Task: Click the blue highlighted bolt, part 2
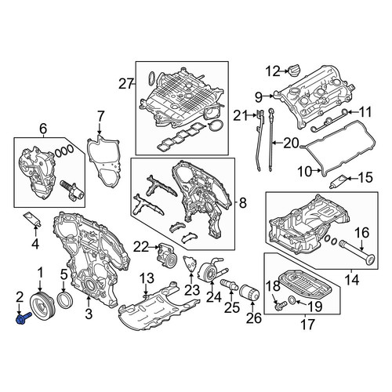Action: point(24,318)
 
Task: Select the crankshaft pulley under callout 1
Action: point(42,307)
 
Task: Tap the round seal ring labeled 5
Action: point(65,301)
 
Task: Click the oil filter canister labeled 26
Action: point(250,293)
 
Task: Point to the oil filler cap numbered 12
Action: point(295,71)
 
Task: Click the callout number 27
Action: point(126,84)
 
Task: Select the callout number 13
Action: point(147,278)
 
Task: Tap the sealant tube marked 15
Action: point(338,182)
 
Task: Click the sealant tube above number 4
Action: point(33,219)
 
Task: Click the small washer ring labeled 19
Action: point(292,300)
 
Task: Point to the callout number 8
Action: point(242,202)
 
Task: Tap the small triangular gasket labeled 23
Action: point(191,264)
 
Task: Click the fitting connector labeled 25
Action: point(229,284)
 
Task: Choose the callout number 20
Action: point(291,143)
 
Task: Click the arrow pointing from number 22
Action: point(154,246)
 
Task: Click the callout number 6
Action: point(43,129)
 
